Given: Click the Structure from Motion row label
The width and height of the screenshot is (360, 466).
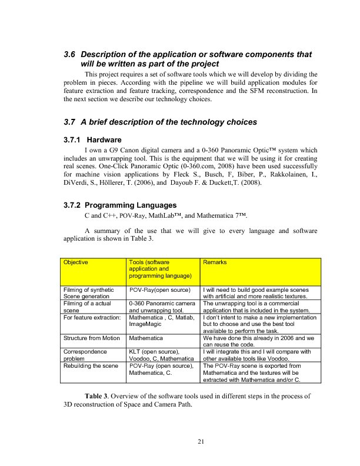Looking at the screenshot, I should pos(91,338).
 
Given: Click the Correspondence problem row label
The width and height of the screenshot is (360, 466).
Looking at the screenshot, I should pos(85,354).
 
